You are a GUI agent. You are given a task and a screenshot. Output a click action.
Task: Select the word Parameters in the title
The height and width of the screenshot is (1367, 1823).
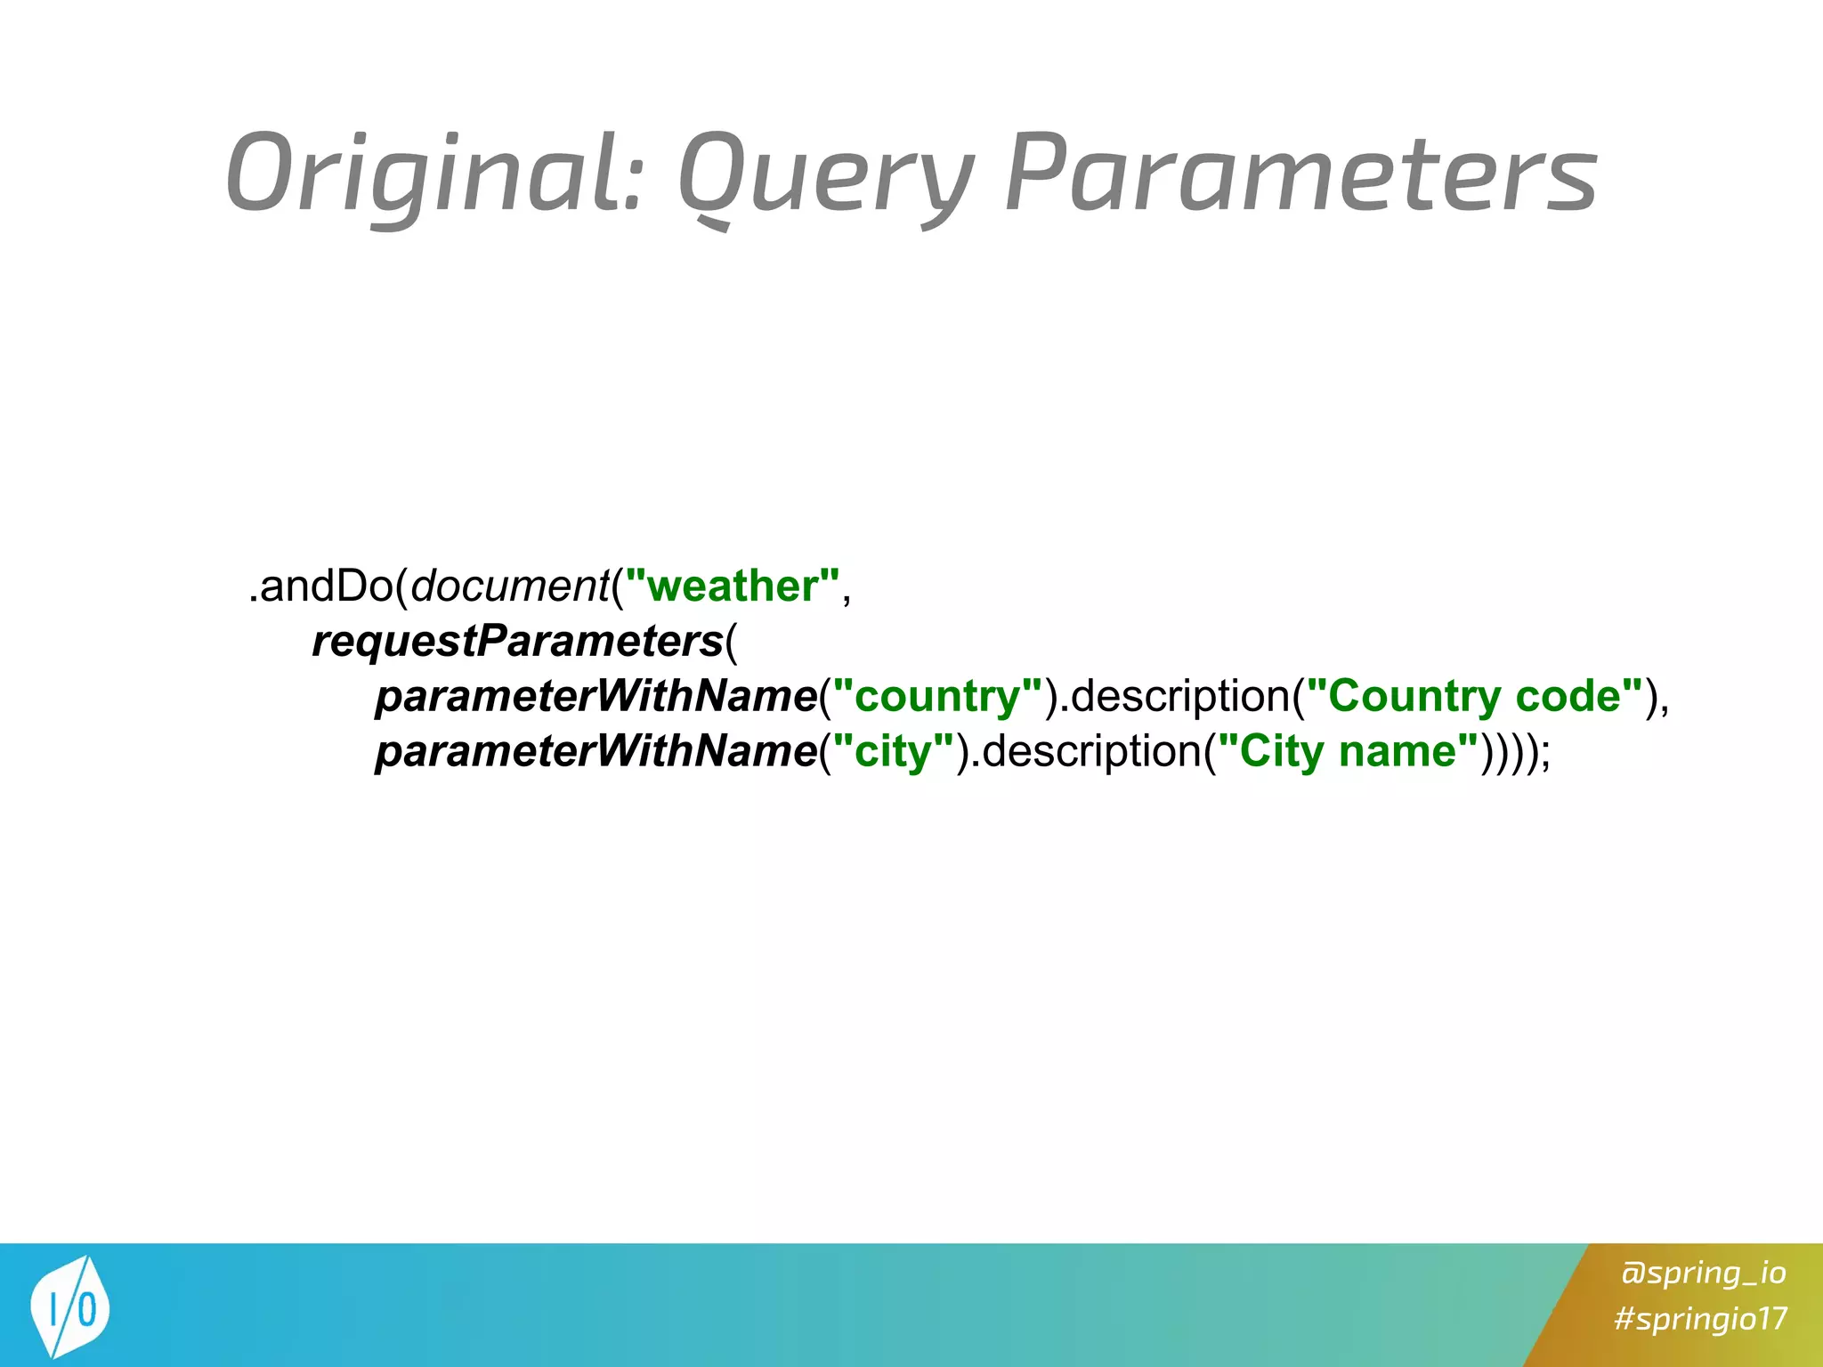(1300, 174)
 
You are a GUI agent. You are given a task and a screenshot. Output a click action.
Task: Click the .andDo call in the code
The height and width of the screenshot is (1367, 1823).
(320, 586)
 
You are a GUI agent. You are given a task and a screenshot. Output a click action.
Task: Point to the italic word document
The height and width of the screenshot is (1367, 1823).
(509, 586)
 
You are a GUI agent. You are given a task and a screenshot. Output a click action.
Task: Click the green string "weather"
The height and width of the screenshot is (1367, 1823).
(733, 586)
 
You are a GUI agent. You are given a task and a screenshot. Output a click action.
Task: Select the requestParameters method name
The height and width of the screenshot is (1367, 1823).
(517, 642)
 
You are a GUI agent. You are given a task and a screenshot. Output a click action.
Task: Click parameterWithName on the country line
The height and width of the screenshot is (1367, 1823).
(596, 697)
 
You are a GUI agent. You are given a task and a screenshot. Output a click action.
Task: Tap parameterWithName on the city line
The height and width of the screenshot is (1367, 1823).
(596, 752)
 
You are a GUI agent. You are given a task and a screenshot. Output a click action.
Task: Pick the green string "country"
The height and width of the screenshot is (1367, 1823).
(936, 697)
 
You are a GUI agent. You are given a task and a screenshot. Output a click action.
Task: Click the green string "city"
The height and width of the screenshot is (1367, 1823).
(892, 752)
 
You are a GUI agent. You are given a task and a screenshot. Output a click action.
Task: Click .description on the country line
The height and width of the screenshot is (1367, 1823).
(1173, 697)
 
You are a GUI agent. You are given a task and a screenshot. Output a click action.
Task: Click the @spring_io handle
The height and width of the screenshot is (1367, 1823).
(1703, 1273)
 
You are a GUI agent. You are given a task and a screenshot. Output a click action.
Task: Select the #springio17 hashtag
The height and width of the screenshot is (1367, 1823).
(1700, 1318)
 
